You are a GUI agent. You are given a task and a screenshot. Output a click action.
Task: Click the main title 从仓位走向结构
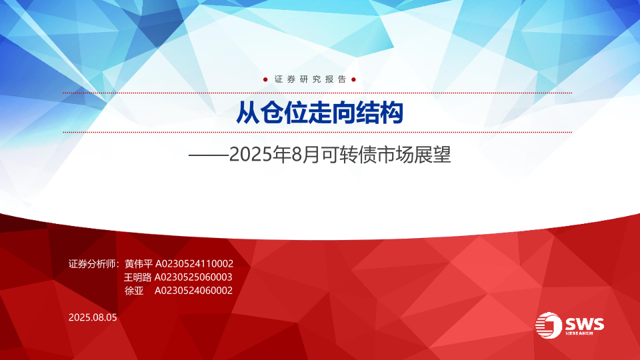[x=319, y=113]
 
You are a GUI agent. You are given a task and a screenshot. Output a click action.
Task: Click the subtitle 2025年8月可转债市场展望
[x=340, y=155]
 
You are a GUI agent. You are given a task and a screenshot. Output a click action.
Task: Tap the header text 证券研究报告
[x=310, y=79]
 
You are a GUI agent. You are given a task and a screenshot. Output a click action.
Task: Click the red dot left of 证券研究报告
[x=265, y=79]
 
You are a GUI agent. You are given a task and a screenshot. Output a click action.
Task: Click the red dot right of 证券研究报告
[x=353, y=79]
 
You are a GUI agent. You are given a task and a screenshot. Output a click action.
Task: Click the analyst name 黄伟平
[x=139, y=264]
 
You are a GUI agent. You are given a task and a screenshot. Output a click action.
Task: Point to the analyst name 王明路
[x=137, y=277]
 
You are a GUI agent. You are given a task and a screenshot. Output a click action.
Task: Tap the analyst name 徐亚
[x=134, y=291]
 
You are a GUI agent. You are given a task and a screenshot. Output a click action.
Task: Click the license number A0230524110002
[x=194, y=264]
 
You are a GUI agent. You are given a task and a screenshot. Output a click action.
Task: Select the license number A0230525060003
[x=193, y=277]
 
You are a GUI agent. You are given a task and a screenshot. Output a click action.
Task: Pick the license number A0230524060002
[x=193, y=291]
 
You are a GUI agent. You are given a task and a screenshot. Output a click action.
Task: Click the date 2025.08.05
[x=93, y=317]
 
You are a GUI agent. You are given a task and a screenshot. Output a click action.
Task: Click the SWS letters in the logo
[x=585, y=324]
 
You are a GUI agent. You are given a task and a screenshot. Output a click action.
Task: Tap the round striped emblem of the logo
[x=549, y=325]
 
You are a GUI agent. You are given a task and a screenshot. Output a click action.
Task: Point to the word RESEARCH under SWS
[x=579, y=333]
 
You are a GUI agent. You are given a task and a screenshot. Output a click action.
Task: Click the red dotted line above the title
[x=317, y=93]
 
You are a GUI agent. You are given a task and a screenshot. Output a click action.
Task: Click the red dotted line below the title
[x=317, y=132]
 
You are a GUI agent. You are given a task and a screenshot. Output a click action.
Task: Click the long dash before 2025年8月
[x=209, y=155]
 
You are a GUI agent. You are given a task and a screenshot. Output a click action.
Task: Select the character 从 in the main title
[x=248, y=113]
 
